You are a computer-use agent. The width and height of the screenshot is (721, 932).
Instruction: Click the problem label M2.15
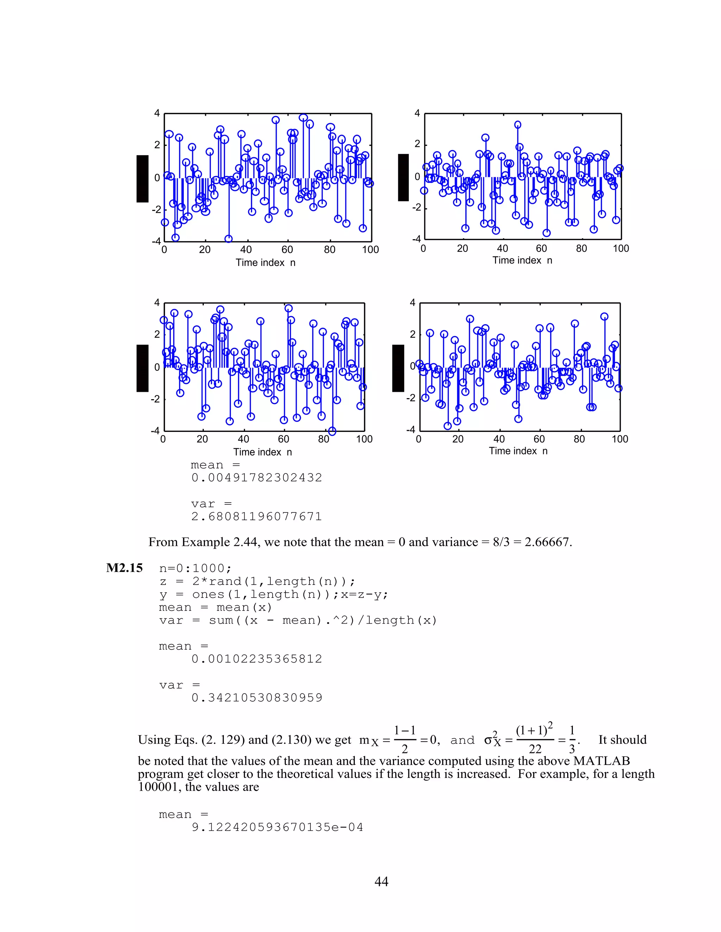[x=124, y=568]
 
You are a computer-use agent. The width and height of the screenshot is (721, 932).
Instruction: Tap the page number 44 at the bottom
[x=381, y=881]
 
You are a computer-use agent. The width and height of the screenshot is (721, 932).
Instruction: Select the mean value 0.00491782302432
[x=257, y=478]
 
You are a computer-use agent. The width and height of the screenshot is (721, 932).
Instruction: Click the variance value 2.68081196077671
[x=256, y=516]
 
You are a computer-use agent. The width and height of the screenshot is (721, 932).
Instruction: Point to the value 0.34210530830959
[x=257, y=698]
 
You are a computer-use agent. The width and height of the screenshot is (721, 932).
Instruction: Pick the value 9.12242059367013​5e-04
[x=277, y=827]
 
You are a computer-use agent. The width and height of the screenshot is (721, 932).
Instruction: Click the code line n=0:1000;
[x=195, y=568]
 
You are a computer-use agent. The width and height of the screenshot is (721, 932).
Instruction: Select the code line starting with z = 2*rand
[x=257, y=581]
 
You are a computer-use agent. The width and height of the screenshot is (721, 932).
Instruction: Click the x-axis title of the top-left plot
[x=265, y=262]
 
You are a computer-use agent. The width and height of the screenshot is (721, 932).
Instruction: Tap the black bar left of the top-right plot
[x=403, y=177]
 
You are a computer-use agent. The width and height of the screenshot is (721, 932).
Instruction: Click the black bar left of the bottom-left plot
[x=142, y=368]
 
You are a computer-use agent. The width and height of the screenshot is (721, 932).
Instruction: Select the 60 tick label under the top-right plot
[x=541, y=248]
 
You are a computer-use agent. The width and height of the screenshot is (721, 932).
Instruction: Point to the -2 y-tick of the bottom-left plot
[x=156, y=399]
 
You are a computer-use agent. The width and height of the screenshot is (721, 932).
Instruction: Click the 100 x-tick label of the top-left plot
[x=370, y=250]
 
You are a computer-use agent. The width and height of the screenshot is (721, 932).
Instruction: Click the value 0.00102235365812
[x=257, y=659]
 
